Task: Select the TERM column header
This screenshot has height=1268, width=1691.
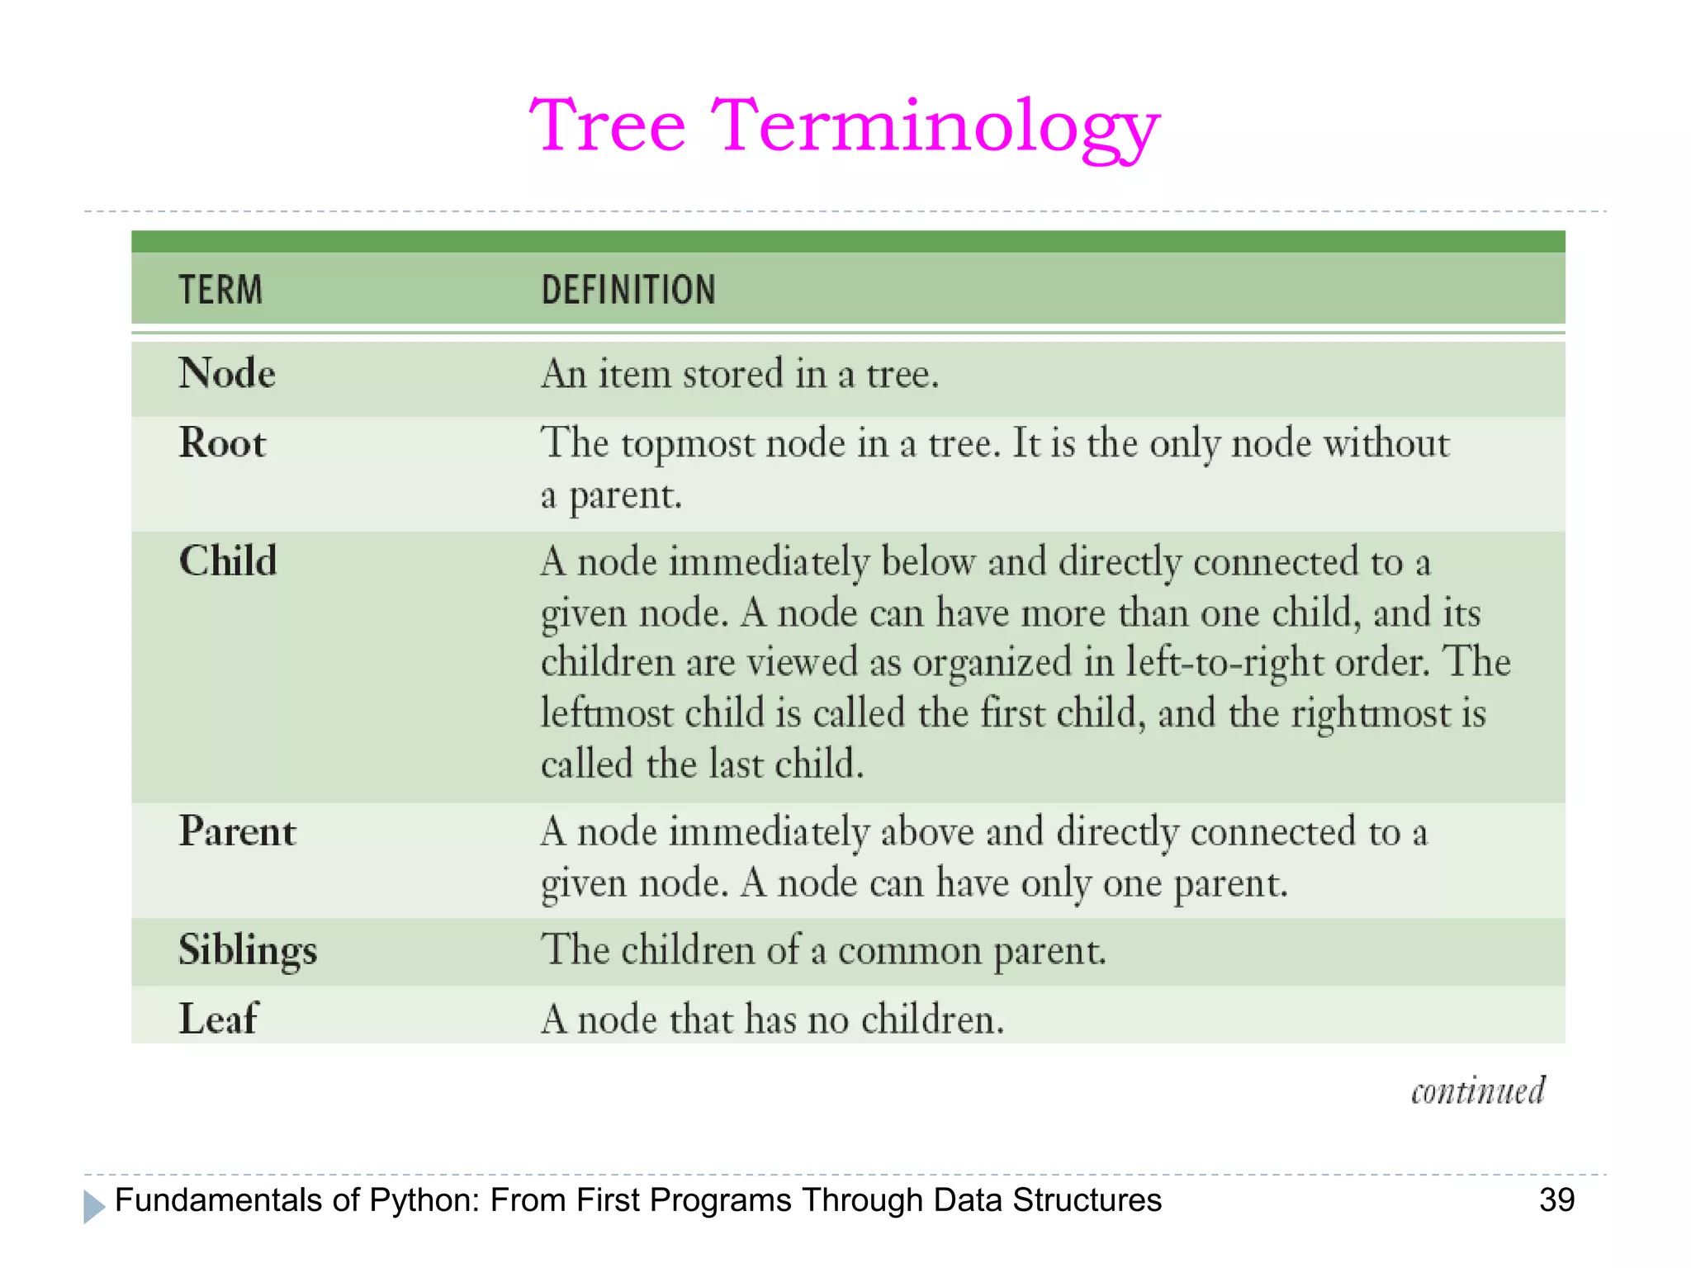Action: click(220, 291)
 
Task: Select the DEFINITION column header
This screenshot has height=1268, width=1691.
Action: click(628, 291)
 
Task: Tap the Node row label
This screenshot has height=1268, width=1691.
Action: click(227, 374)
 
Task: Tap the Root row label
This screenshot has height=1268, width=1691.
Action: click(222, 443)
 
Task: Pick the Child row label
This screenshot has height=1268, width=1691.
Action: click(228, 561)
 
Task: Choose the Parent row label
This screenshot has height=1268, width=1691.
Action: click(237, 831)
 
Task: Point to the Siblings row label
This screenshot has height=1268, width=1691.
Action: click(248, 950)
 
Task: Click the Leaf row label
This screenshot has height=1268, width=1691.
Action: click(218, 1019)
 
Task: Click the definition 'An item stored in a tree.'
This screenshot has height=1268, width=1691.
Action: click(740, 375)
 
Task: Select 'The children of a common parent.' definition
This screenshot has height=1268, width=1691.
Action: click(823, 950)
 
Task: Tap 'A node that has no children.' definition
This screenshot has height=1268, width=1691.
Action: click(773, 1020)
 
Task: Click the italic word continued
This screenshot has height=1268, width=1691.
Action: click(1477, 1091)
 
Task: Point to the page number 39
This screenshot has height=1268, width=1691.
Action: click(1556, 1199)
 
